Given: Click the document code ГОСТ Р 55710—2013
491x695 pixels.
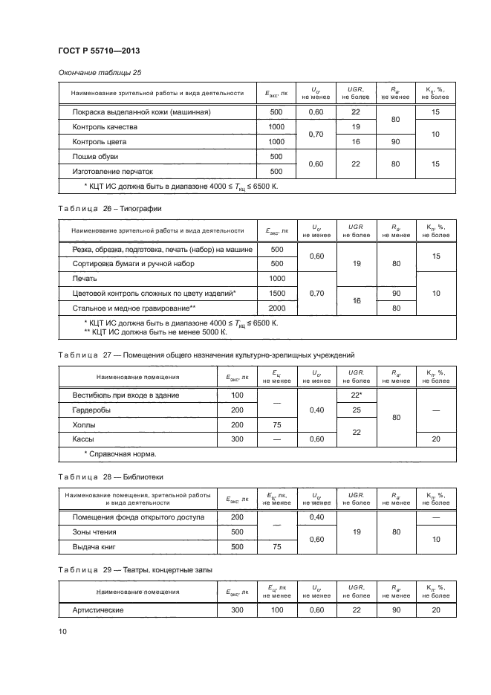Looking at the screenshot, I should tap(99, 51).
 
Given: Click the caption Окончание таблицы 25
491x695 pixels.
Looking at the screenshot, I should tap(100, 73).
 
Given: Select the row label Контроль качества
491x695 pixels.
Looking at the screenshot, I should tap(105, 127).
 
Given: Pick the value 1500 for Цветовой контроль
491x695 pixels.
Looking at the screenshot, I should tap(276, 294).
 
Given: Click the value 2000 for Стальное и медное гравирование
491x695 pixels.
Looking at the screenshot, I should tap(276, 308).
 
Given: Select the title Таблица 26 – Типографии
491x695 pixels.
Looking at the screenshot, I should tap(109, 209).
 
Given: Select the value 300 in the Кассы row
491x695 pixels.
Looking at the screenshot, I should tap(237, 439).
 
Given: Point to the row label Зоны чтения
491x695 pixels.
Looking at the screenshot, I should tap(94, 532).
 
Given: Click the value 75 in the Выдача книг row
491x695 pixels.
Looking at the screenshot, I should tap(276, 547).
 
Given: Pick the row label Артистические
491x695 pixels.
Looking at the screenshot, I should tap(97, 610).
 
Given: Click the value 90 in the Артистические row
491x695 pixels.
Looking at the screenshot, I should tap(396, 610).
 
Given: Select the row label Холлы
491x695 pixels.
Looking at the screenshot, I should tap(84, 425).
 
